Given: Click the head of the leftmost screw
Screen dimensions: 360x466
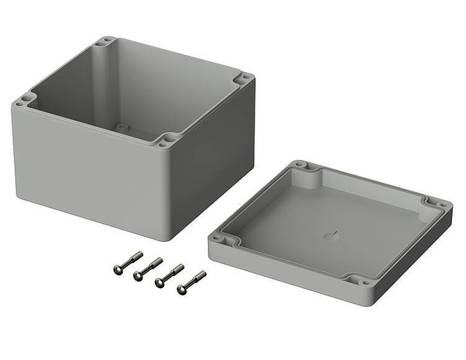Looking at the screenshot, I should coord(118,270).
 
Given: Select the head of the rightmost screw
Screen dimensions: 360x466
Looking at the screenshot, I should coord(182,289).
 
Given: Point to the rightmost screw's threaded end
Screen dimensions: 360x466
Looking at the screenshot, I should coord(201,275).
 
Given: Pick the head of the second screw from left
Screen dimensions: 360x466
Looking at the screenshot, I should coord(138,276).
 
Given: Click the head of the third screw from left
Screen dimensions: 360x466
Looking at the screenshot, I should coord(160,282).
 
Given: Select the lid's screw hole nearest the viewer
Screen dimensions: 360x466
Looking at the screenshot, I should coord(364,281).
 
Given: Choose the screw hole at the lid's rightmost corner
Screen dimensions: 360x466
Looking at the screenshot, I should coord(441,205).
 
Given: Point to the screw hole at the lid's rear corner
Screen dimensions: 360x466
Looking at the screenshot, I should coord(300,165).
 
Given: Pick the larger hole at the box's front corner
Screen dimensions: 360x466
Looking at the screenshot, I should coord(166,142).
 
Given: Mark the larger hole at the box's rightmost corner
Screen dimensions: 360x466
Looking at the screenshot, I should coord(243,80).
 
